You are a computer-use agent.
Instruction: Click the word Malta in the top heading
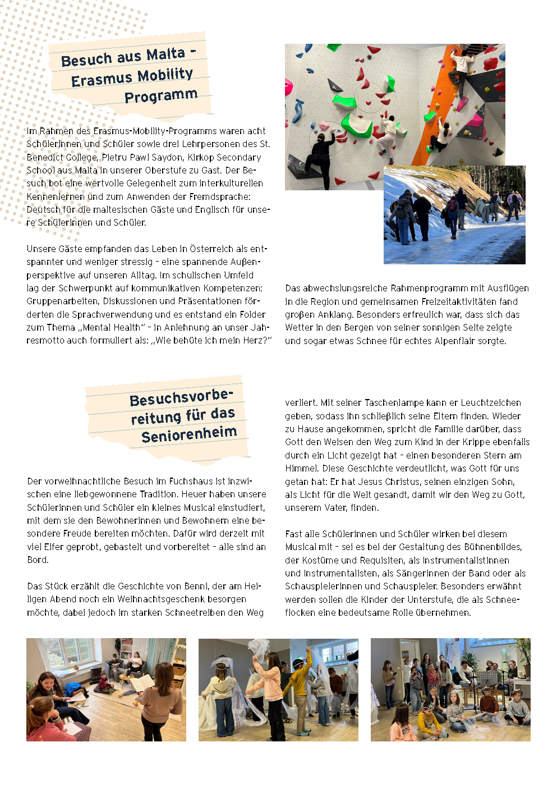click(165, 54)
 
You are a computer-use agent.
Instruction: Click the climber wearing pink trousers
click(388, 134)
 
